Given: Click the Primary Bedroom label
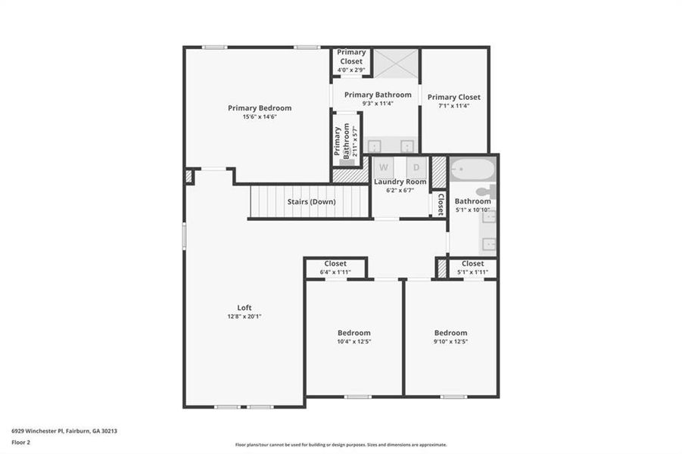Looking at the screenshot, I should (260, 108).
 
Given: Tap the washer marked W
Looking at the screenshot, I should (384, 167).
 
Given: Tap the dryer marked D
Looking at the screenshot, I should (416, 167).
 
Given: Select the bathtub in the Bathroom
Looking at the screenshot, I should (472, 169).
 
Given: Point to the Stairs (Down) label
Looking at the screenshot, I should (311, 202).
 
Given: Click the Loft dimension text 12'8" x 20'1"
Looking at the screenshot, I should (244, 316).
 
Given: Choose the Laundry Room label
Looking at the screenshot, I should (400, 182).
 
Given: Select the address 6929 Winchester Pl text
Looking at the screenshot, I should (64, 431).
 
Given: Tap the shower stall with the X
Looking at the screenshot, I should (396, 64).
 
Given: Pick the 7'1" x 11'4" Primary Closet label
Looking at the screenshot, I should (453, 97).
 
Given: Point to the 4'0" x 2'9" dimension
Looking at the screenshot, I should (351, 70).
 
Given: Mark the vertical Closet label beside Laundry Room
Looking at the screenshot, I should (440, 204).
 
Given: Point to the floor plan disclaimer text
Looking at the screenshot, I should (341, 445).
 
